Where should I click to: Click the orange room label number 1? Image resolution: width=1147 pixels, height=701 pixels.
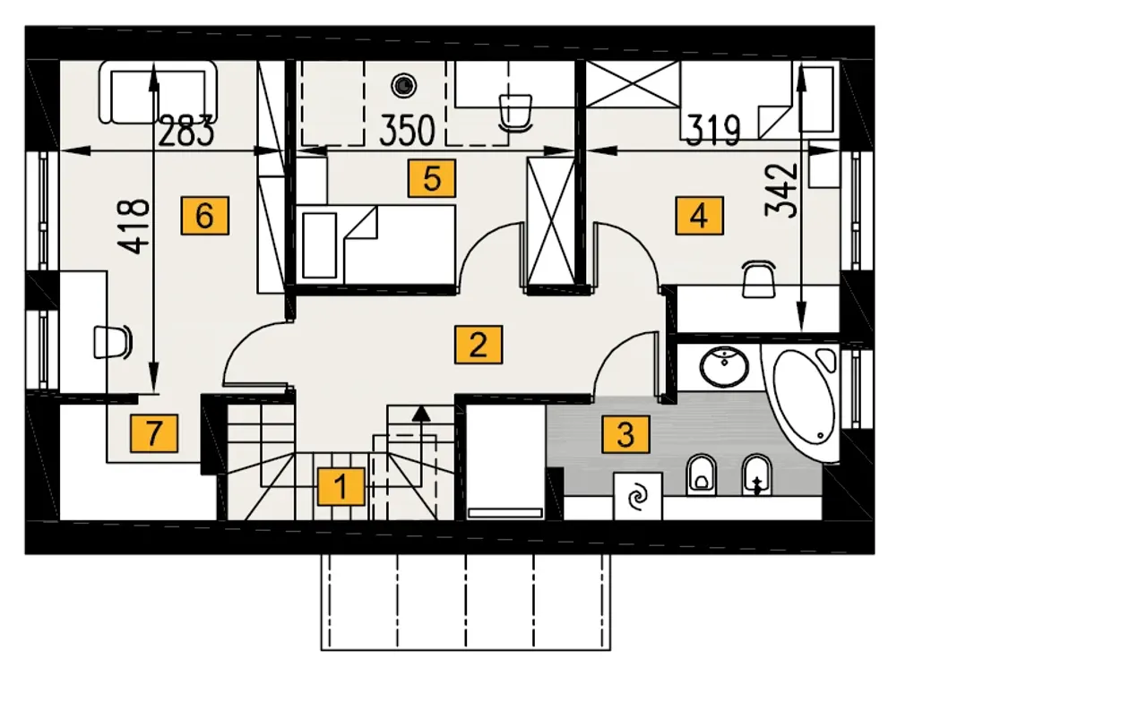341,487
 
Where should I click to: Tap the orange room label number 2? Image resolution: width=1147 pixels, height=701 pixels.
479,345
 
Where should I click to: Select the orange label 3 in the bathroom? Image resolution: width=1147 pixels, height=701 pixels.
625,434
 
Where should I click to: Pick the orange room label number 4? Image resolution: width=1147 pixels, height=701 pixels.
700,216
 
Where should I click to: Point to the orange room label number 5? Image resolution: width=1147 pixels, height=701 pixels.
432,178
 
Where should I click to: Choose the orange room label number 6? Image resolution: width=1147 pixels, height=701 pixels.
205,216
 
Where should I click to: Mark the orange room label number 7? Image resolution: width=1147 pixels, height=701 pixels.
154,433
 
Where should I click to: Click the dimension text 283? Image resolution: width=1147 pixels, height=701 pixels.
185,131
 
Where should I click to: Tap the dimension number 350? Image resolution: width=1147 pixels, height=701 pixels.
407,131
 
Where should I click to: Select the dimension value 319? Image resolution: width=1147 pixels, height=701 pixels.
713,131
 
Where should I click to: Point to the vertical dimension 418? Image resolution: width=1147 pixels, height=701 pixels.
134,227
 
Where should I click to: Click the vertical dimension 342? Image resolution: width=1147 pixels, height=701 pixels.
781,191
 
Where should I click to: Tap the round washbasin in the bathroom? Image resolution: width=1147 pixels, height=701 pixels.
724,366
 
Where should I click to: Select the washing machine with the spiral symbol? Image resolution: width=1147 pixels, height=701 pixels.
637,496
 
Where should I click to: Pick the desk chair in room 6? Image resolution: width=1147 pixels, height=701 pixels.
113,342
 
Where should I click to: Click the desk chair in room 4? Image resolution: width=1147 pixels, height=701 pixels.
759,278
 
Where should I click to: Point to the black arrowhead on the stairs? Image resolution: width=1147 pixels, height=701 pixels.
421,414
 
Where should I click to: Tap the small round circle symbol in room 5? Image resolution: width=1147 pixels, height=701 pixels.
404,85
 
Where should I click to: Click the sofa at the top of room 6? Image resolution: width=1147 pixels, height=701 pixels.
159,92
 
